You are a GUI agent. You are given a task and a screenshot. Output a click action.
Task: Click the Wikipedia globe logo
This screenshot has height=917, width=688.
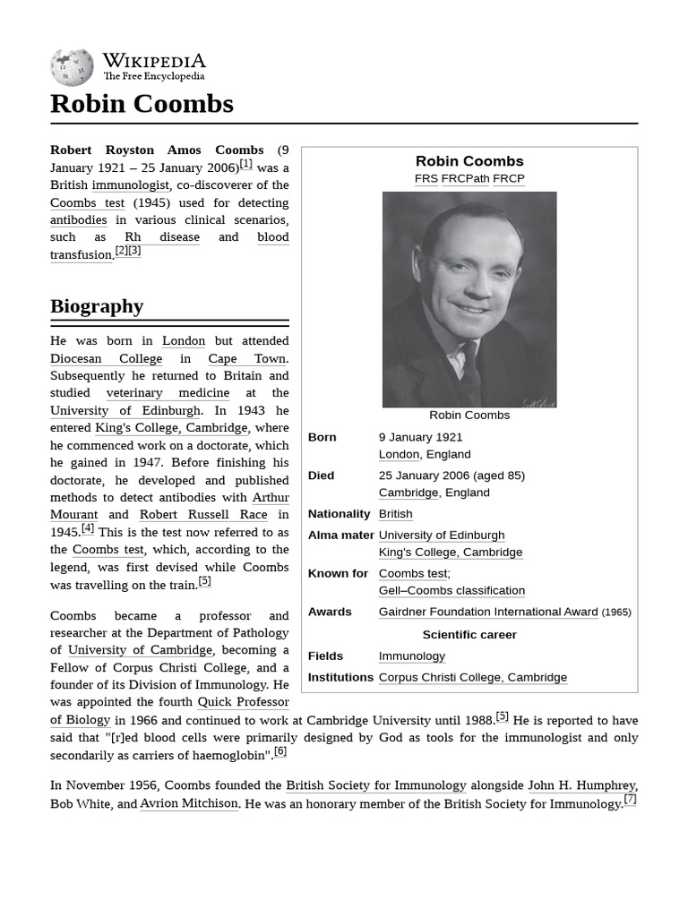pyautogui.click(x=72, y=68)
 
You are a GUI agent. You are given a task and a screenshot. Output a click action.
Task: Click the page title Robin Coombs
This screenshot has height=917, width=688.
pyautogui.click(x=142, y=104)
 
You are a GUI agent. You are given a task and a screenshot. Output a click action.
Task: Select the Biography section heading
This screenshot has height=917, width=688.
pyautogui.click(x=97, y=306)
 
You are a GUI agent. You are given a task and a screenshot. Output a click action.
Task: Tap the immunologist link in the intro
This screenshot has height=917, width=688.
pyautogui.click(x=130, y=185)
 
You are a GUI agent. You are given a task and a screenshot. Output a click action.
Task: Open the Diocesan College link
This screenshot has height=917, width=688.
pyautogui.click(x=106, y=358)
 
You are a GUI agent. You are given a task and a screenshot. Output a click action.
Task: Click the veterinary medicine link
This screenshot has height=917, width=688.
pyautogui.click(x=168, y=393)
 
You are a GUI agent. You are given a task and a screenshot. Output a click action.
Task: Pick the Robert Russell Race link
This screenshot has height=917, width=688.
pyautogui.click(x=202, y=515)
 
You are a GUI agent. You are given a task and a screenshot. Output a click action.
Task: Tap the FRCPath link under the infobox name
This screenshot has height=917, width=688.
pyautogui.click(x=465, y=178)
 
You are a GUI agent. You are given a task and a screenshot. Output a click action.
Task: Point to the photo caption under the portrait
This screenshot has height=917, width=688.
pyautogui.click(x=469, y=415)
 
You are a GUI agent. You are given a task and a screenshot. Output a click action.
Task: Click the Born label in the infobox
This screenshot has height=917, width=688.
pyautogui.click(x=322, y=437)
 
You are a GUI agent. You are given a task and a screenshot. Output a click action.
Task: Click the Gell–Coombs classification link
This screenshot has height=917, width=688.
pyautogui.click(x=451, y=591)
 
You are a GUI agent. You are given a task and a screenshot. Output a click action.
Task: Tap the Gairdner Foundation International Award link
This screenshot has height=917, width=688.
pyautogui.click(x=487, y=613)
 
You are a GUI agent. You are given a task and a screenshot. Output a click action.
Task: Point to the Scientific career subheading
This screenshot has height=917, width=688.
pyautogui.click(x=469, y=635)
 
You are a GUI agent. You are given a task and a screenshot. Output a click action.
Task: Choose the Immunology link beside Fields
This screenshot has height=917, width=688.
pyautogui.click(x=411, y=656)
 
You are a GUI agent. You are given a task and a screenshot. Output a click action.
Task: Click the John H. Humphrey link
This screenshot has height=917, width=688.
pyautogui.click(x=580, y=785)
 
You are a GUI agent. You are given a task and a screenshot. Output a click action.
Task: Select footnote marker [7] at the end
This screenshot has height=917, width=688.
pyautogui.click(x=630, y=800)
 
